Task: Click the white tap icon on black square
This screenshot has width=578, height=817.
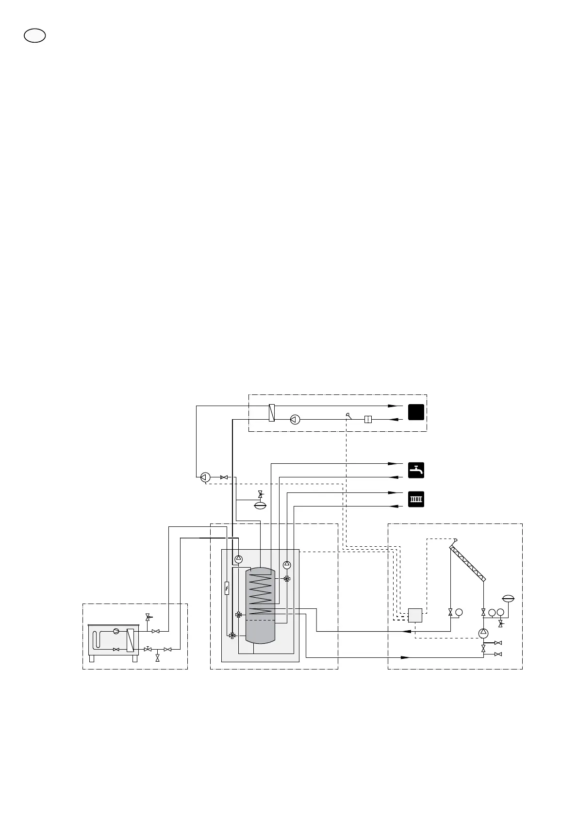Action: coord(416,470)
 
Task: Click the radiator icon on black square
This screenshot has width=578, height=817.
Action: coord(416,499)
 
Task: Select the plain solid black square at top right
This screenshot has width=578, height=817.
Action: coord(416,412)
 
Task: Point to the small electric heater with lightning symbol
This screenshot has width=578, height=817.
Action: coord(227,588)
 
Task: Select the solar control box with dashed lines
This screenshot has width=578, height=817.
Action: coord(415,615)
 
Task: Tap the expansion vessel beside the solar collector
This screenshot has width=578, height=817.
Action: coord(509,598)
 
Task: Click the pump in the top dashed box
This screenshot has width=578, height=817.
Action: coord(295,419)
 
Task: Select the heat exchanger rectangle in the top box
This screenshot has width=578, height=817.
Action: coord(272,413)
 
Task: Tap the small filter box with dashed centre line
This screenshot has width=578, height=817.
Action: coord(368,419)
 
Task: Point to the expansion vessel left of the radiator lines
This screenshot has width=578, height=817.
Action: coord(261,505)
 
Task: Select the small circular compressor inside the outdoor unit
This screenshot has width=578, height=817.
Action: coord(116,631)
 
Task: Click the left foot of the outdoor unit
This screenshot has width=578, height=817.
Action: coord(91,658)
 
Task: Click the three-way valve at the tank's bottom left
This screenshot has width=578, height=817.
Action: coord(232,636)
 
